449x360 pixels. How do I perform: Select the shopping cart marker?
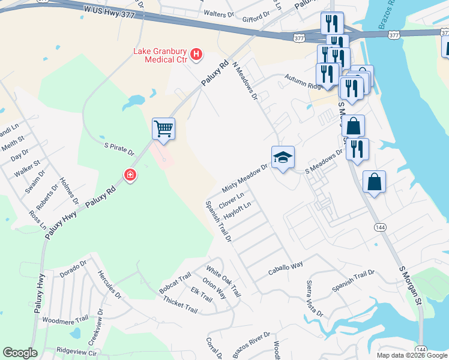click(163, 128)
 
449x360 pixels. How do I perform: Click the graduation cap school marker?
click(283, 157)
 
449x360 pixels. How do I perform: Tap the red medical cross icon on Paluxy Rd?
click(130, 175)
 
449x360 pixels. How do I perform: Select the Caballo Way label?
click(286, 268)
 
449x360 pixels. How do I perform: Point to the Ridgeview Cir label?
click(77, 350)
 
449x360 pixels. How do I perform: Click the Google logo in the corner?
click(20, 353)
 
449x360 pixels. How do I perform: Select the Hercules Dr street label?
click(109, 284)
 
